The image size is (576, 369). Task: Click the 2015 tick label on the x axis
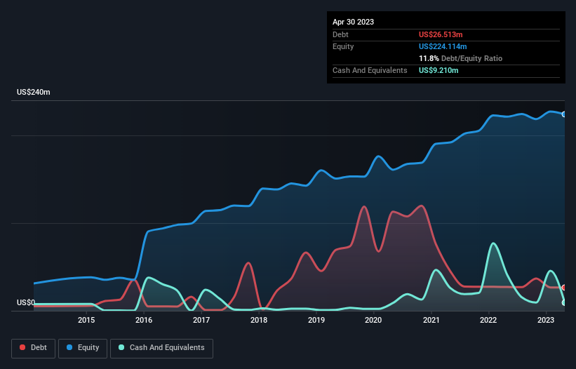86,321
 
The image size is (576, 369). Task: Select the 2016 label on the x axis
144,321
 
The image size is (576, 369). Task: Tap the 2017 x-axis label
201,321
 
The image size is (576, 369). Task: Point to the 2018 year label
259,321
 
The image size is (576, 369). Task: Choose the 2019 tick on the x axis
316,321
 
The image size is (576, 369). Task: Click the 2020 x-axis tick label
373,321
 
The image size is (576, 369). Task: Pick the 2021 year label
431,321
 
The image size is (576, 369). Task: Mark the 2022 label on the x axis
488,321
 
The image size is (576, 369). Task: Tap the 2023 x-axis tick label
546,321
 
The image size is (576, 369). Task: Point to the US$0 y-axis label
26,303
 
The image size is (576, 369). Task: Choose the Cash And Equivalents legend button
161,348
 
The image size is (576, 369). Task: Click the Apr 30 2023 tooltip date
354,22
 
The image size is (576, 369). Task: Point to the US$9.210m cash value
439,71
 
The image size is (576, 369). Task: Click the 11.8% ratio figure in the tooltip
429,58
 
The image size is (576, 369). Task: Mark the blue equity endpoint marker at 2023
564,114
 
